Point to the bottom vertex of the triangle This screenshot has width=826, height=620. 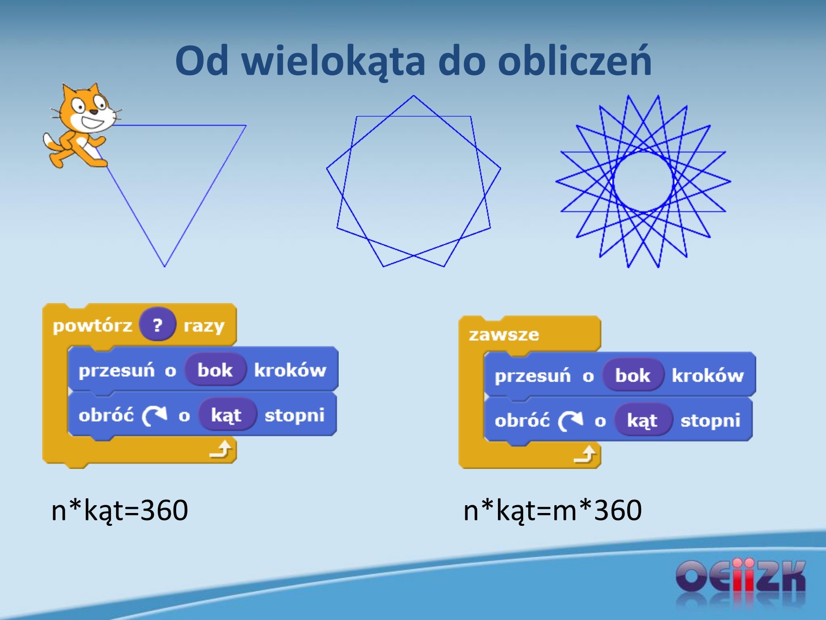[164, 266]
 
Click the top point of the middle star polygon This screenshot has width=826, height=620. [413, 96]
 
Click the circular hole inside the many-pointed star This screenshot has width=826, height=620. [643, 182]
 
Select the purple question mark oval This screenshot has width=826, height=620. [157, 325]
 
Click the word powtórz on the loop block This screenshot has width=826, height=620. [92, 326]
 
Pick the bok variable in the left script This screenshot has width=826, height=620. [215, 370]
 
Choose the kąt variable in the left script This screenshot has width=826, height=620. [226, 415]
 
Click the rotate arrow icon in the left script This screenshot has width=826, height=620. [155, 416]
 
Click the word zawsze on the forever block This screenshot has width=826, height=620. [504, 335]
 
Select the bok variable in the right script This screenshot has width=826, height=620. [633, 376]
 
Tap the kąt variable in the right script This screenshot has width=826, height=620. [642, 421]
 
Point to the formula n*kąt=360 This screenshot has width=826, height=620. [120, 511]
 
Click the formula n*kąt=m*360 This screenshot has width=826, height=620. [553, 511]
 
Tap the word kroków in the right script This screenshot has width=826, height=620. [708, 376]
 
